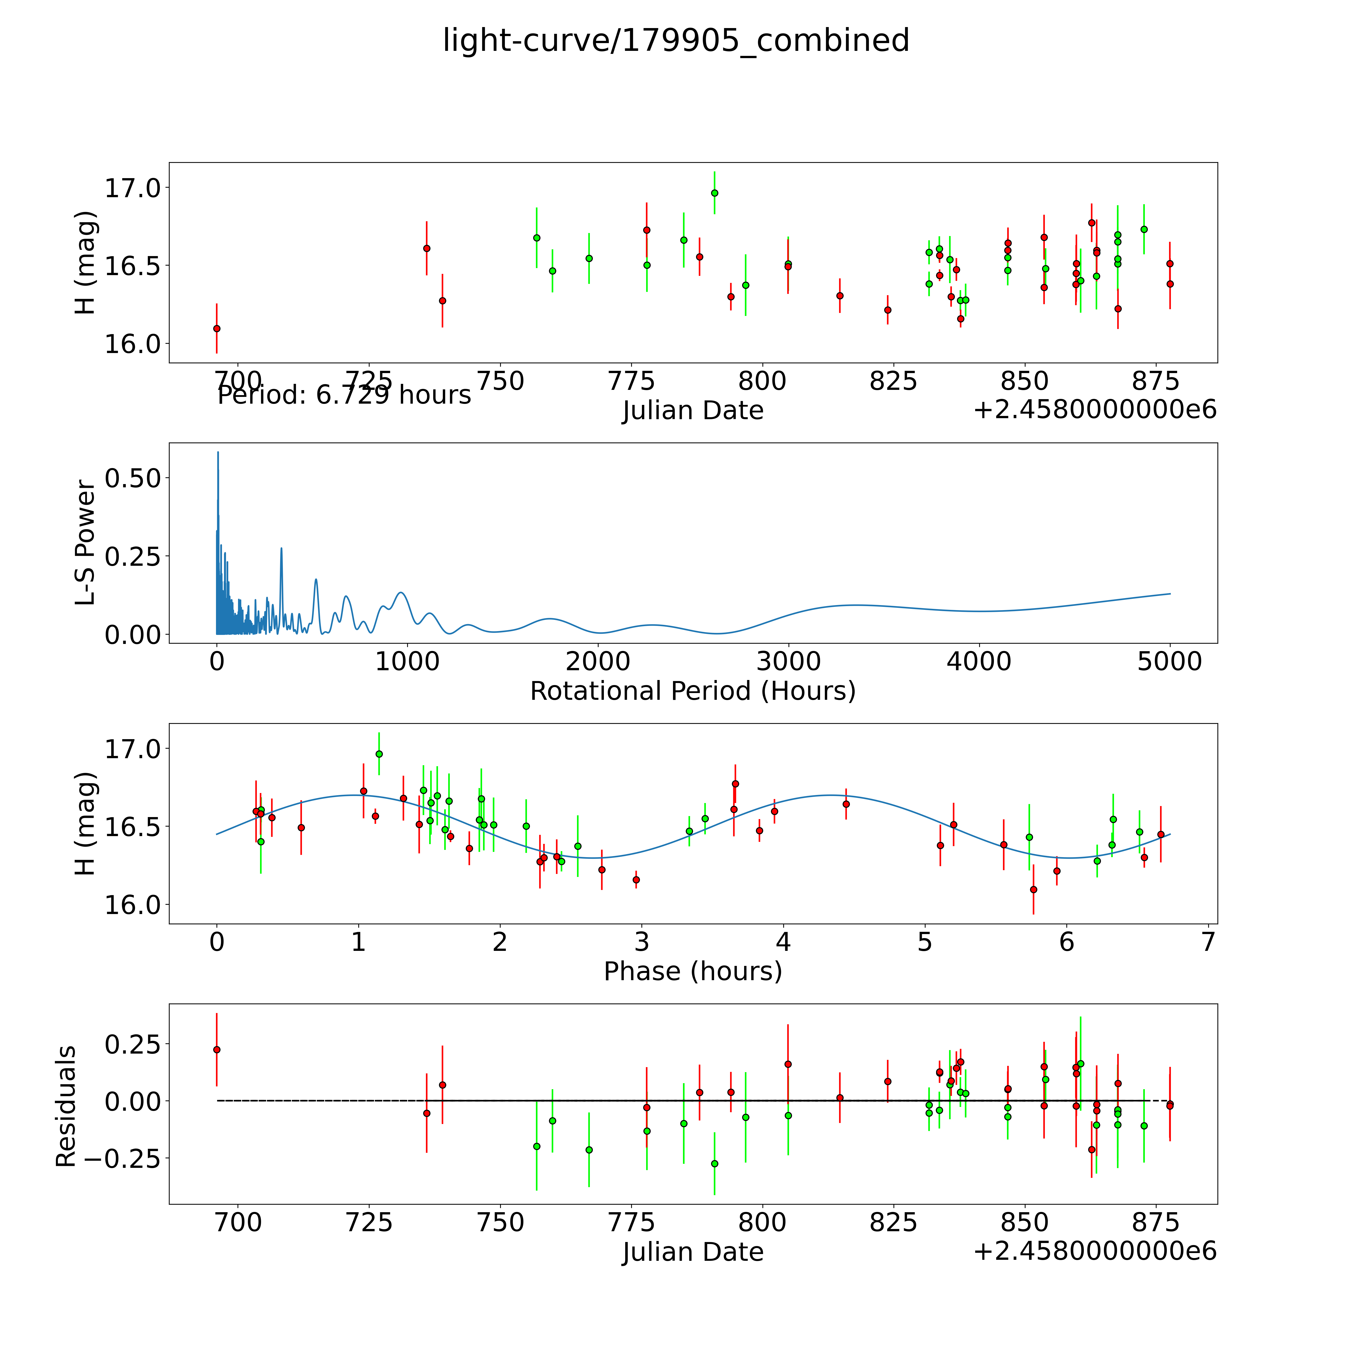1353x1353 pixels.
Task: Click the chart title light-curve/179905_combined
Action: [676, 41]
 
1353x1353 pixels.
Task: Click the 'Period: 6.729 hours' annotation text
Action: [344, 395]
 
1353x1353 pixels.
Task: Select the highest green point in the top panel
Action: [714, 193]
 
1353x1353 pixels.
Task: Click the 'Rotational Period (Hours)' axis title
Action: [693, 691]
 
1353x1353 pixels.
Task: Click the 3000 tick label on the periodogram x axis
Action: [788, 662]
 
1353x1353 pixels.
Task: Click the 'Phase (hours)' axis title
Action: [693, 971]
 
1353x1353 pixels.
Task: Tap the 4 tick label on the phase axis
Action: [783, 942]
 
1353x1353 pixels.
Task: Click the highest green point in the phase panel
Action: [379, 753]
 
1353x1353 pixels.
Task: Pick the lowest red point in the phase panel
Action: [1033, 889]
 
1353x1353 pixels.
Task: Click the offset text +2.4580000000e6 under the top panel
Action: [1095, 410]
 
